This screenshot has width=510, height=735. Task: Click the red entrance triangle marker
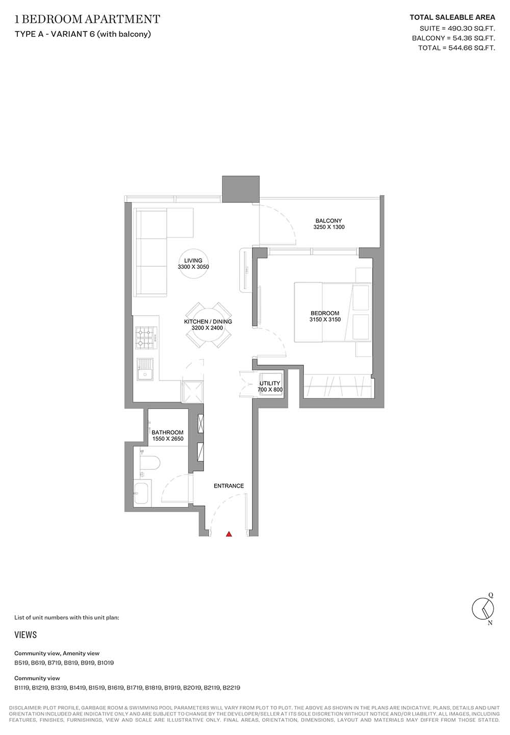[229, 534]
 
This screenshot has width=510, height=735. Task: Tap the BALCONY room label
[328, 220]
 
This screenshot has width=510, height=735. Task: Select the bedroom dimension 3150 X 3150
[325, 319]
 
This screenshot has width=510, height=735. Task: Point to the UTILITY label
[270, 383]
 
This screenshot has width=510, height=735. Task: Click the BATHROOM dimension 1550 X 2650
[168, 439]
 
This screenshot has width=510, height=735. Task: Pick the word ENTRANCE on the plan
[229, 486]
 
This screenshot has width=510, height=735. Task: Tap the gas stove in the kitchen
[147, 338]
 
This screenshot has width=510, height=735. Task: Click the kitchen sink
[145, 369]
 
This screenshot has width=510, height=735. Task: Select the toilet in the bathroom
[149, 464]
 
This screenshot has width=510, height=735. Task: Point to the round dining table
[208, 325]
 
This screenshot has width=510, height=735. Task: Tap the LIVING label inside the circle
[193, 261]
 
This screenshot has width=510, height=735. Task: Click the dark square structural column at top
[241, 189]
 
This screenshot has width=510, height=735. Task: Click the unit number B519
[21, 663]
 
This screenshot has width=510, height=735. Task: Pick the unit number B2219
[231, 688]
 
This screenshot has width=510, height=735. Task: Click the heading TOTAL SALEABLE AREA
[452, 17]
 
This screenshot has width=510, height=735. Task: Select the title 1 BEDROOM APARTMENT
[87, 19]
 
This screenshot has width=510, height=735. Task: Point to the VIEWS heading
[25, 635]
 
